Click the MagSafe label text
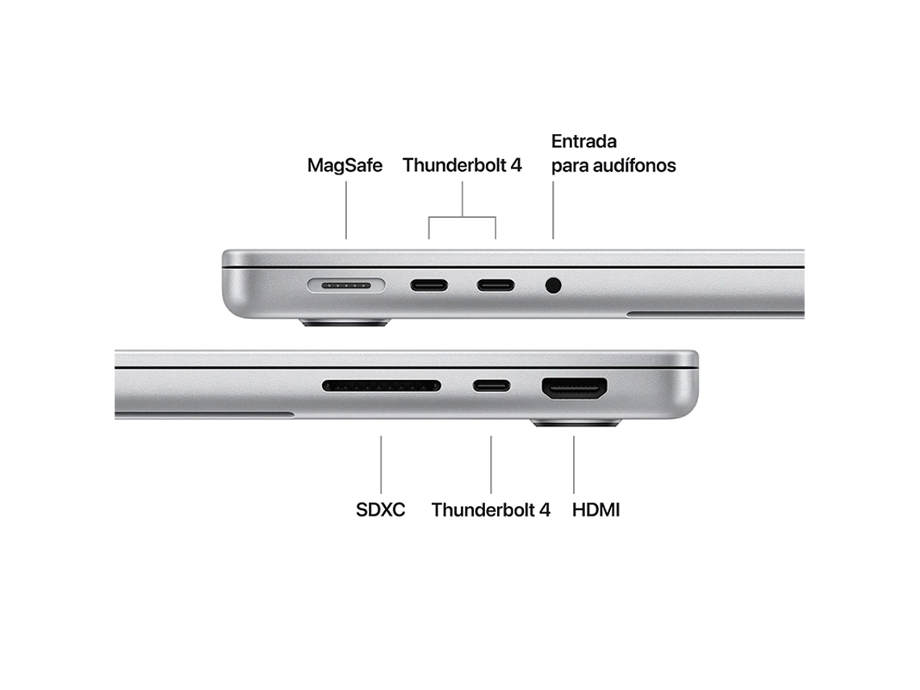pos(345,165)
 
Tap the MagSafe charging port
pos(346,285)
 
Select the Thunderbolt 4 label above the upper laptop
pos(462,165)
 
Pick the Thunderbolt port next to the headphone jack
pos(495,285)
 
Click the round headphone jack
pos(553,285)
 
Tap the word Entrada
pos(583,141)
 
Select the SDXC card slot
pos(381,386)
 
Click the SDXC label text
pos(380,510)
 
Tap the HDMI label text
pos(596,510)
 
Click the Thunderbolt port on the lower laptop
pos(491,386)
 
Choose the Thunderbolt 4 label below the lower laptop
pos(491,510)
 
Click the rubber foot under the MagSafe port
pos(345,323)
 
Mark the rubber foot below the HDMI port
pos(575,423)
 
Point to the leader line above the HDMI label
pos(574,464)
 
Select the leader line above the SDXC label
pos(381,464)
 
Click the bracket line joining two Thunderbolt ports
pos(462,215)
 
